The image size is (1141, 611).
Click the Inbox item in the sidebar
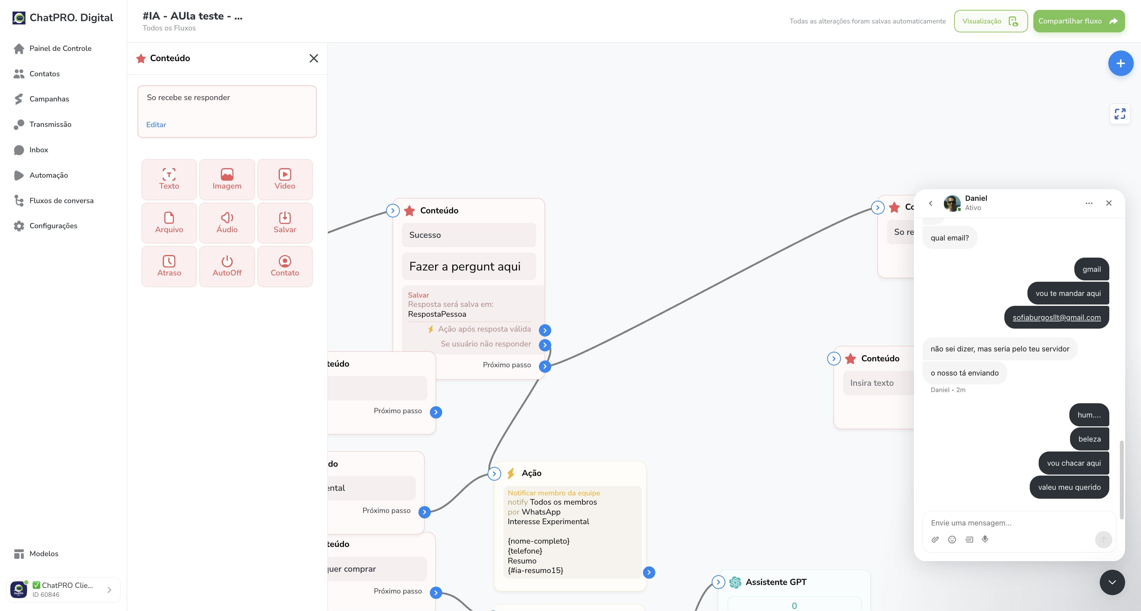tap(39, 150)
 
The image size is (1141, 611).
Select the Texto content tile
tap(169, 179)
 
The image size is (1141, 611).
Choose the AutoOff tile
tap(227, 266)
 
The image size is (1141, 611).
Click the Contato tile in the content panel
tap(285, 266)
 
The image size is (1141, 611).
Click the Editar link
tap(156, 125)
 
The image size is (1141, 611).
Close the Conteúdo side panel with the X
tap(314, 58)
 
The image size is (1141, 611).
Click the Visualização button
tap(990, 21)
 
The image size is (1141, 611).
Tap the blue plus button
tap(1121, 63)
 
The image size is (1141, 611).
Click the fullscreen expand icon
tap(1120, 114)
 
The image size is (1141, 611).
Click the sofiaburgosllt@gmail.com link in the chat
tap(1056, 317)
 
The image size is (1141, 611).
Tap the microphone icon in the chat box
tap(985, 539)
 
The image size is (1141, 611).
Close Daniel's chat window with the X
tap(1109, 203)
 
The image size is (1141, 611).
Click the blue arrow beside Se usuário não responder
tap(545, 345)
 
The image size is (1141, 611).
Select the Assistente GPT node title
tap(776, 582)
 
